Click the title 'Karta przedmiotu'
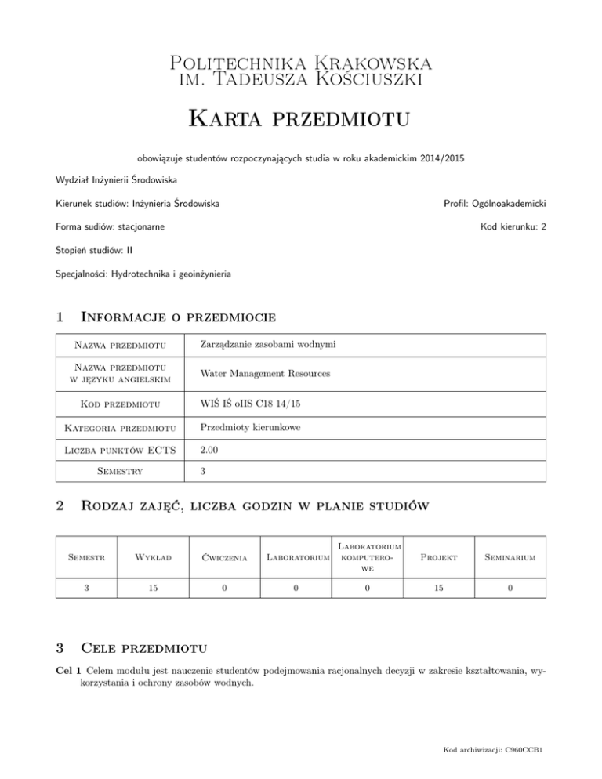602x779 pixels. (300, 121)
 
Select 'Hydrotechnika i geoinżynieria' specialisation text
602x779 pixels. (173, 274)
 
